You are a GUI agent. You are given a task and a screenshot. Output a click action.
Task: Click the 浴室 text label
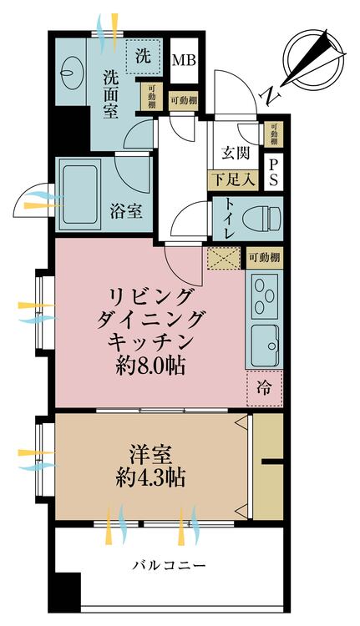click(x=125, y=212)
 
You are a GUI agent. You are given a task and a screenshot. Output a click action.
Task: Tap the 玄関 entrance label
click(x=235, y=153)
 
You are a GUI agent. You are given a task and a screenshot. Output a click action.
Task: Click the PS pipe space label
click(x=274, y=173)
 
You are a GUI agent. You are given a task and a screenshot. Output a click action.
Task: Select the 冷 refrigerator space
click(x=264, y=386)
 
